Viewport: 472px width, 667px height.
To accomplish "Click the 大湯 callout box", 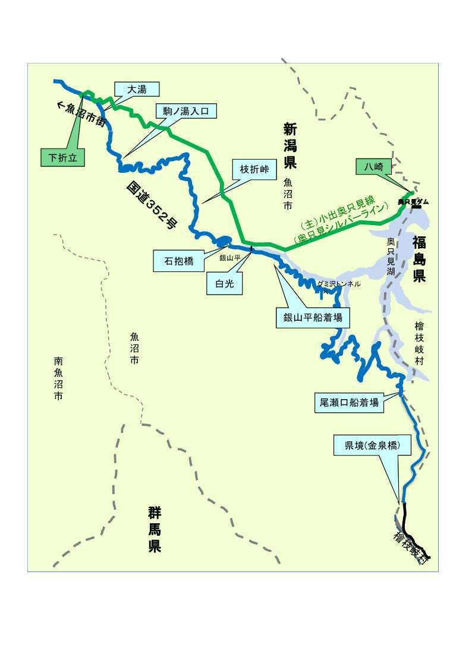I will [137, 90].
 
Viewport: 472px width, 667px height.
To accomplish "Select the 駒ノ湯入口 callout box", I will [186, 110].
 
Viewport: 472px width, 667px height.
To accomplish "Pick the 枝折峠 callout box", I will [254, 169].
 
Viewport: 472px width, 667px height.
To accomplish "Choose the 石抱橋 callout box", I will [178, 261].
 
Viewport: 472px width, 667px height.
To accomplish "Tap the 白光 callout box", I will [225, 284].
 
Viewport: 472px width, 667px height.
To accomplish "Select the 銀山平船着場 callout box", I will [313, 318].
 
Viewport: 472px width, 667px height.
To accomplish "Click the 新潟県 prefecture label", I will [290, 146].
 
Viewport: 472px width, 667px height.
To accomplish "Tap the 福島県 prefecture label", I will [420, 259].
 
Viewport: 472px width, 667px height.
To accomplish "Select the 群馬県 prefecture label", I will [155, 530].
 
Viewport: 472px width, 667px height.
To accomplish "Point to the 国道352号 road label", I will [152, 205].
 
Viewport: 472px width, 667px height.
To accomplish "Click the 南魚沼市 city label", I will [58, 378].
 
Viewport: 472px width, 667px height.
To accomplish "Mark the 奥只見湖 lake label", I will [391, 256].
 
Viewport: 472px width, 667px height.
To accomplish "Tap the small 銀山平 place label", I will [229, 258].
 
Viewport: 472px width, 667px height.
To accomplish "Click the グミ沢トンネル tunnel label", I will [339, 284].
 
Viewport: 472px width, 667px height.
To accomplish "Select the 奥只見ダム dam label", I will [413, 202].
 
